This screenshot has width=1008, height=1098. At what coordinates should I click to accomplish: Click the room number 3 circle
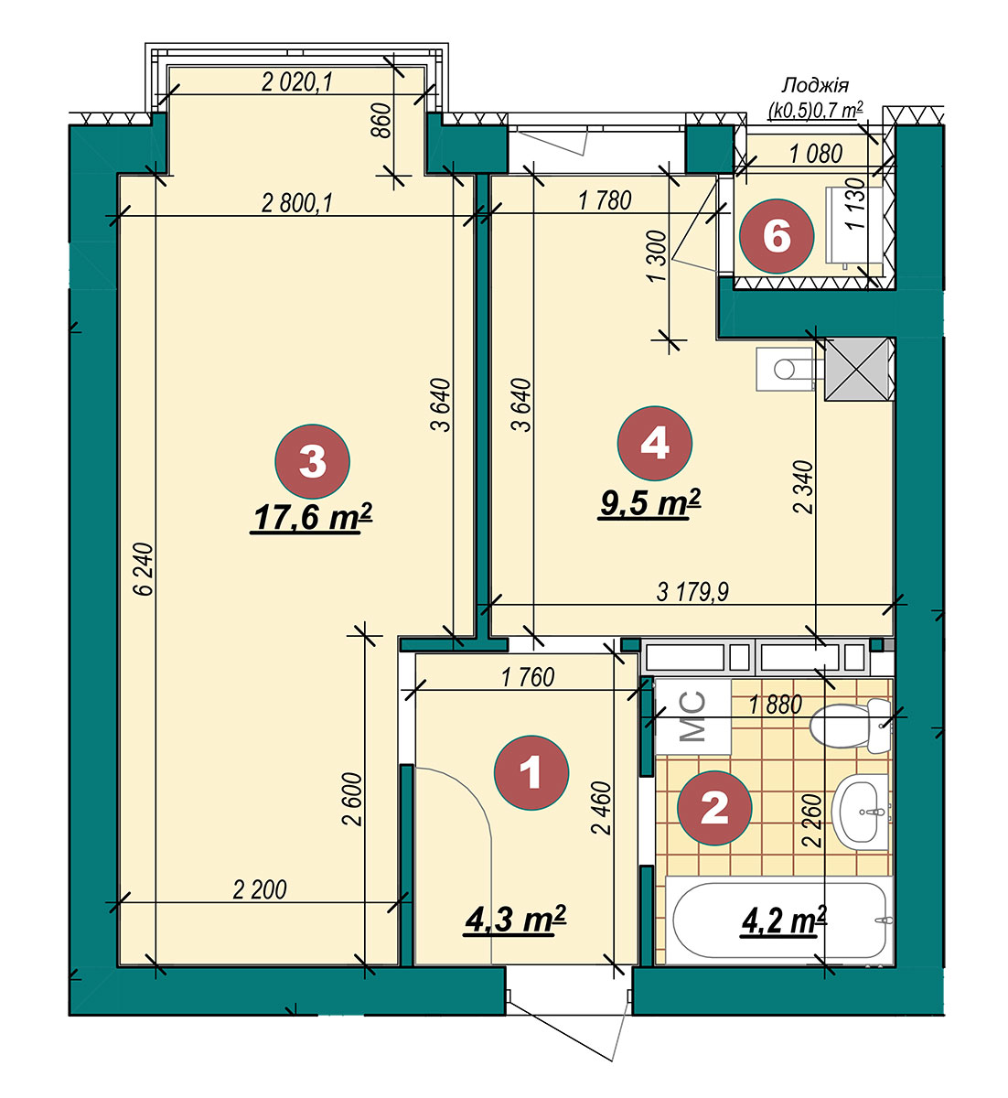313,461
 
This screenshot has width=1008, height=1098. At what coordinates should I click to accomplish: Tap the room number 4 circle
655,444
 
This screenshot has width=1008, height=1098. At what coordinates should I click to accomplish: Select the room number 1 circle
531,773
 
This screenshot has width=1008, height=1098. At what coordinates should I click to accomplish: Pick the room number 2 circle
714,807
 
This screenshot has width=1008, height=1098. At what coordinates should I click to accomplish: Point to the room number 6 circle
777,236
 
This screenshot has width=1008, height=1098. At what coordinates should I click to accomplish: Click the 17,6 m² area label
312,518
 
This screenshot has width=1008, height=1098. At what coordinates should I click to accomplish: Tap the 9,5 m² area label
650,503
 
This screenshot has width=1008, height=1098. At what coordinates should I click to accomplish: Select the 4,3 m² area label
515,920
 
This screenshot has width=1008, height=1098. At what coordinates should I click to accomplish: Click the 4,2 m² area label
784,921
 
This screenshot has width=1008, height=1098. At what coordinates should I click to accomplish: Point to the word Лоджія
815,85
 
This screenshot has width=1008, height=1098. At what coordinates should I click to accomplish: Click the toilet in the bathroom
851,726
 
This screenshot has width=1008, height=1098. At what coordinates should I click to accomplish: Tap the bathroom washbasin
860,813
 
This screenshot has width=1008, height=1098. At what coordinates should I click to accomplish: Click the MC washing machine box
693,717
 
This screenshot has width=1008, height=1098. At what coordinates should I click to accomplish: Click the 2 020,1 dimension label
297,82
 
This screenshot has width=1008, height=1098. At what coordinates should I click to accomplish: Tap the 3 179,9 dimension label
692,592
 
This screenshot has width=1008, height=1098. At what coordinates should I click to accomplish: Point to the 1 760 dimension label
528,678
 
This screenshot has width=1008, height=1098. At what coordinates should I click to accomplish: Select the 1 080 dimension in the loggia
816,154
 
